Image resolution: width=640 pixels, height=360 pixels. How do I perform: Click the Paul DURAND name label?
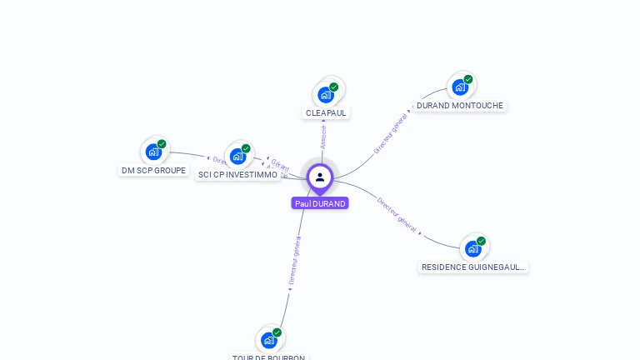[x=320, y=203]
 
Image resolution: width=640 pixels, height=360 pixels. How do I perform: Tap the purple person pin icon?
[x=320, y=177]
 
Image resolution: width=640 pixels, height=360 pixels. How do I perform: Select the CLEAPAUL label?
[x=326, y=113]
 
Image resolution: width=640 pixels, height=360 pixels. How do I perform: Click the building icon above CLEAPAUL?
[x=326, y=94]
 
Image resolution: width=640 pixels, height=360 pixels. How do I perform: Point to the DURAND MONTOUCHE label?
[x=460, y=106]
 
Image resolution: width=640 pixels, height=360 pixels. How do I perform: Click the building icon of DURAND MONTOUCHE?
[x=460, y=87]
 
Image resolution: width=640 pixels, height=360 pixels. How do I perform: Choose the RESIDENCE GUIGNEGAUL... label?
[x=473, y=267]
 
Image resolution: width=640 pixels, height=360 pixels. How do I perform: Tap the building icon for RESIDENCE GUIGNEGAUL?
[x=473, y=248]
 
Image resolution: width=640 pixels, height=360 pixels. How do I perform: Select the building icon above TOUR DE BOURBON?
[x=268, y=340]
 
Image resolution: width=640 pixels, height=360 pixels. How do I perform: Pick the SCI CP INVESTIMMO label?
[x=237, y=175]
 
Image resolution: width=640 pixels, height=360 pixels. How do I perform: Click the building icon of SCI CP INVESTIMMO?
[x=237, y=156]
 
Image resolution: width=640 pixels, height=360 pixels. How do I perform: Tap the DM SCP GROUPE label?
[x=153, y=171]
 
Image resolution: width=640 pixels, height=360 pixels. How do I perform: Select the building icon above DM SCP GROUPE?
[x=153, y=152]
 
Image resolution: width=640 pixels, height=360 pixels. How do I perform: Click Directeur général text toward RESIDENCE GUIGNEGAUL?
[x=397, y=213]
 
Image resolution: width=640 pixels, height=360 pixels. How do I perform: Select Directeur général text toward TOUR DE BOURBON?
[x=294, y=261]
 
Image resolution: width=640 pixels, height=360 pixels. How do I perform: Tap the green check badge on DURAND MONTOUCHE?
[x=468, y=79]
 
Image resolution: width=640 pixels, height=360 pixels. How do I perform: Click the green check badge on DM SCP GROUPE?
[x=162, y=144]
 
